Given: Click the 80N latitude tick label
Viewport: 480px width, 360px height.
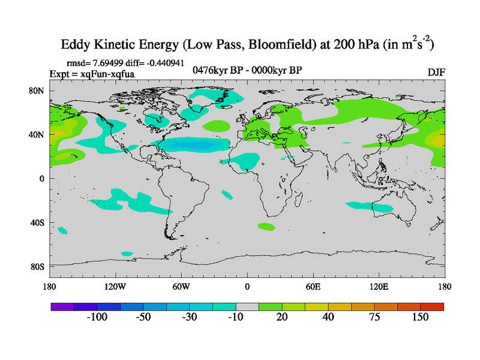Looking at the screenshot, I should coord(38,91).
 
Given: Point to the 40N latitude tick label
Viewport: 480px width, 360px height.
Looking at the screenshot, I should coord(38,135).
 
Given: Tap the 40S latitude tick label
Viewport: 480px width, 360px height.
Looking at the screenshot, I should coord(38,223).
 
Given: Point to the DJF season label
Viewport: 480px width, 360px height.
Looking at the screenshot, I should coord(436,72).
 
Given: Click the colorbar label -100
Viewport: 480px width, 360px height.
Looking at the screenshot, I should coord(96,317).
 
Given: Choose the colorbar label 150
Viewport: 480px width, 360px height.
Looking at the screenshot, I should coord(419,317).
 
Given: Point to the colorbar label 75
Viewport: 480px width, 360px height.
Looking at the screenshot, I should coord(374,317).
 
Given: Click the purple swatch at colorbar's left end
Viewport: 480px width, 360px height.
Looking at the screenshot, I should coord(62,307).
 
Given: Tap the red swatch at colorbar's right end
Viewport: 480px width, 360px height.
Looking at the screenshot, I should coord(433,307).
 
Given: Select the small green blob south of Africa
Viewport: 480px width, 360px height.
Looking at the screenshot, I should coord(266,227).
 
